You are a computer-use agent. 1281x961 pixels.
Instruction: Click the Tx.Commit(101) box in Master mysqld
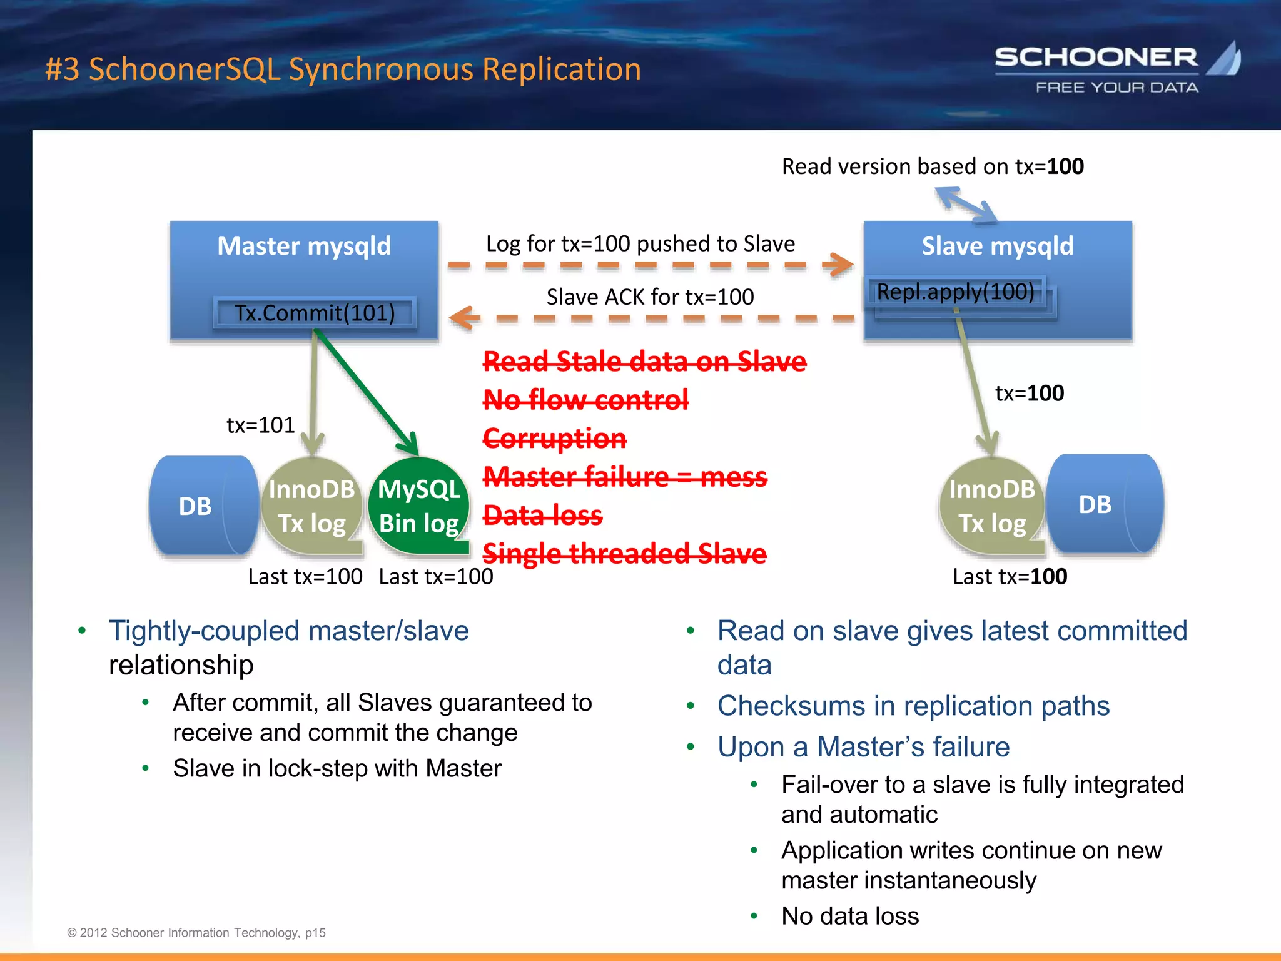pyautogui.click(x=315, y=313)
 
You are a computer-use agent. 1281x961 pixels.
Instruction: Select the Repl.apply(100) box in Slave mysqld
pyautogui.click(x=956, y=292)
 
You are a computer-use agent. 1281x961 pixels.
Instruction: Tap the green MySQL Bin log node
pyautogui.click(x=419, y=506)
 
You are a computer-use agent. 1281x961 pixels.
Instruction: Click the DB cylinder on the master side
pyautogui.click(x=199, y=506)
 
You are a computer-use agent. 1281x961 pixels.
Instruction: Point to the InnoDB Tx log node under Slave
pyautogui.click(x=991, y=506)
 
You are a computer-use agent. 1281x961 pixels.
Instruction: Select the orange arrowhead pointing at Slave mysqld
pyautogui.click(x=839, y=264)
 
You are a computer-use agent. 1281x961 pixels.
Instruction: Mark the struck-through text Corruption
pyautogui.click(x=554, y=438)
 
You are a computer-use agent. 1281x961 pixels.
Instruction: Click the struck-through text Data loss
pyautogui.click(x=542, y=515)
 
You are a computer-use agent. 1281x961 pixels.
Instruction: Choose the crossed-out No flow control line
pyautogui.click(x=585, y=399)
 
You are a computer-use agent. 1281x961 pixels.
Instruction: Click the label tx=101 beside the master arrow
pyautogui.click(x=260, y=425)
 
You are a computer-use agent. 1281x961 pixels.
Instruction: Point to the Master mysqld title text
pyautogui.click(x=304, y=246)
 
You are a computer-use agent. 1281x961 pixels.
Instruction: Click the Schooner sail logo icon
pyautogui.click(x=1225, y=59)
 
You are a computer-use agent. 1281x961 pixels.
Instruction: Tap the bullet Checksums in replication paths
pyautogui.click(x=913, y=706)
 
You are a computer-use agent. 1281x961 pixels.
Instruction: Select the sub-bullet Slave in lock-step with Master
pyautogui.click(x=337, y=768)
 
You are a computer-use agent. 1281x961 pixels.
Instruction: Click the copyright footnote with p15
pyautogui.click(x=196, y=932)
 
